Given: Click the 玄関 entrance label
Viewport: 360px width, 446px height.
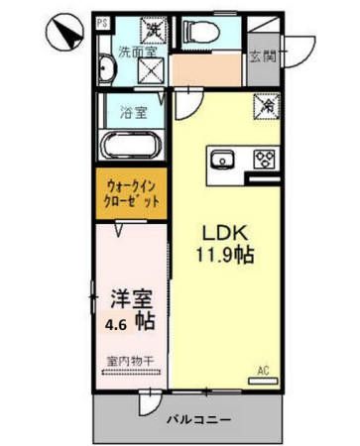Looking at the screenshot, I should (x=264, y=55).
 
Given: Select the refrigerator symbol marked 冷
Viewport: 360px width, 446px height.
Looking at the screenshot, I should (x=266, y=103).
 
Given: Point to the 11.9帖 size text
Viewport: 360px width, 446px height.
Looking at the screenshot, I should (x=229, y=256).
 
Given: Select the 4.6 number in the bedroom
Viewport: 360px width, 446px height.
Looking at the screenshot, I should (x=117, y=322).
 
